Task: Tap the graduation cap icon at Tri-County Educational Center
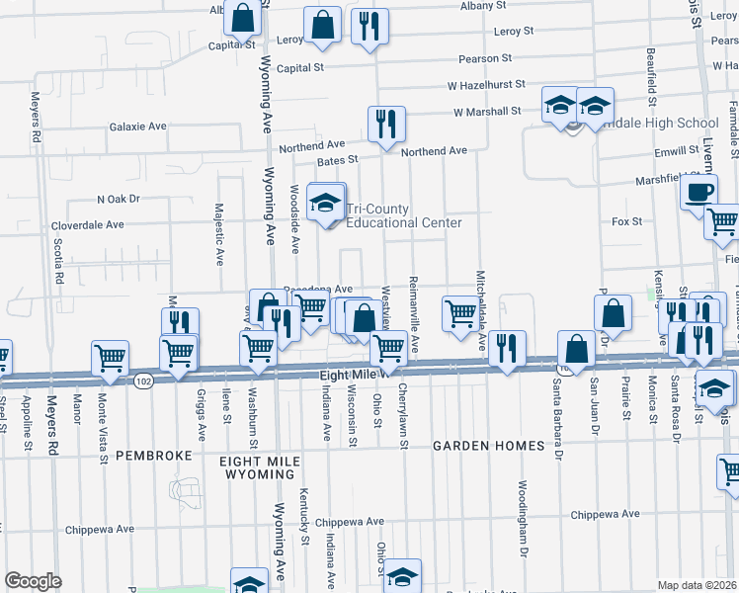pyautogui.click(x=325, y=204)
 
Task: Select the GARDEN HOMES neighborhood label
pyautogui.click(x=488, y=446)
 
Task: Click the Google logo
pyautogui.click(x=33, y=581)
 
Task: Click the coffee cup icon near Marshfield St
pyautogui.click(x=699, y=192)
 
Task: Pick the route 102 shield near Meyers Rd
pyautogui.click(x=144, y=381)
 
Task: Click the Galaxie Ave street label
pyautogui.click(x=138, y=127)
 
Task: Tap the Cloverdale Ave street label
pyautogui.click(x=89, y=224)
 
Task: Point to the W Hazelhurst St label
pyautogui.click(x=486, y=86)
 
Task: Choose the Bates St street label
pyautogui.click(x=337, y=159)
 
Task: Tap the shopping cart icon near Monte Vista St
pyautogui.click(x=109, y=359)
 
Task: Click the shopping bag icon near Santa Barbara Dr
pyautogui.click(x=575, y=349)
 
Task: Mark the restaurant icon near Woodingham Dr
pyautogui.click(x=506, y=348)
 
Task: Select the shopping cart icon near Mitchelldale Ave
pyautogui.click(x=460, y=314)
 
